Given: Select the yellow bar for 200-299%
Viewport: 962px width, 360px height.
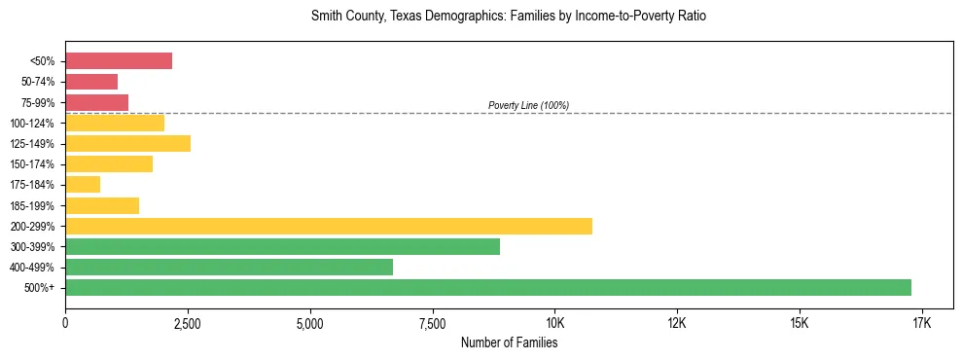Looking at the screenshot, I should pyautogui.click(x=329, y=226).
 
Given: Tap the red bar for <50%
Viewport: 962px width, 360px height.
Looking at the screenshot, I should pyautogui.click(x=119, y=60).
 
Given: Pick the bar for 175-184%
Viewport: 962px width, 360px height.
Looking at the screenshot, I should pyautogui.click(x=83, y=184).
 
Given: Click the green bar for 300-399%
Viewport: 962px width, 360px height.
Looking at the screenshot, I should pyautogui.click(x=282, y=246).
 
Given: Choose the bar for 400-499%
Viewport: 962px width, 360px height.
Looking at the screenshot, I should pyautogui.click(x=229, y=267).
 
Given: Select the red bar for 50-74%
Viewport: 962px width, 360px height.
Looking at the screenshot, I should pyautogui.click(x=91, y=81).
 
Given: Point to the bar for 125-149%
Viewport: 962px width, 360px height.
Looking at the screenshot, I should pyautogui.click(x=127, y=143).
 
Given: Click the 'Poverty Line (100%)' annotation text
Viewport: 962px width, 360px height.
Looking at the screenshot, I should pyautogui.click(x=528, y=105).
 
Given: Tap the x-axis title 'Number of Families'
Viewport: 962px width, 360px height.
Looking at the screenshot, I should pyautogui.click(x=509, y=342).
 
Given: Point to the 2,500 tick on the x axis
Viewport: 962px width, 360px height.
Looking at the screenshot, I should pyautogui.click(x=188, y=322).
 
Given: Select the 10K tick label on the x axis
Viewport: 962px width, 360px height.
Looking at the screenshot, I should pyautogui.click(x=554, y=322).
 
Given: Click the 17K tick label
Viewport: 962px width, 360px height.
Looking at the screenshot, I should pyautogui.click(x=921, y=322).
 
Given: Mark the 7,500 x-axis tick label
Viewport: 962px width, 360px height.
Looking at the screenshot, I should pyautogui.click(x=432, y=322).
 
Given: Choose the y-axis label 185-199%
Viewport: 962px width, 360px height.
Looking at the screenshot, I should pyautogui.click(x=33, y=205).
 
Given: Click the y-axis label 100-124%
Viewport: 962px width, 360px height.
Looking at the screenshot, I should pyautogui.click(x=33, y=123).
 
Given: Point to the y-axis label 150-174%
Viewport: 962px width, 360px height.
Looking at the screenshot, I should pyautogui.click(x=33, y=164).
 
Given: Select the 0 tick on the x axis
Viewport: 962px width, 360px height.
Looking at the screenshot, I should pyautogui.click(x=65, y=322).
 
